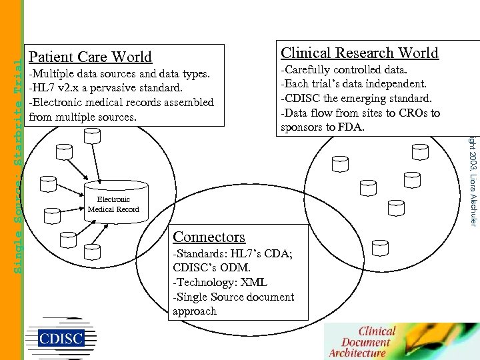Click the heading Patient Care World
[91, 57]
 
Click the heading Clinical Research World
[359, 53]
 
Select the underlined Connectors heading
[209, 237]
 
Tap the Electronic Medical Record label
[113, 205]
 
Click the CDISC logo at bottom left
[61, 337]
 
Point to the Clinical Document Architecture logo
[367, 341]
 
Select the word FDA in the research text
[350, 127]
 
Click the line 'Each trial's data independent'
[353, 84]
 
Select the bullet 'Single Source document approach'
[233, 304]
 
